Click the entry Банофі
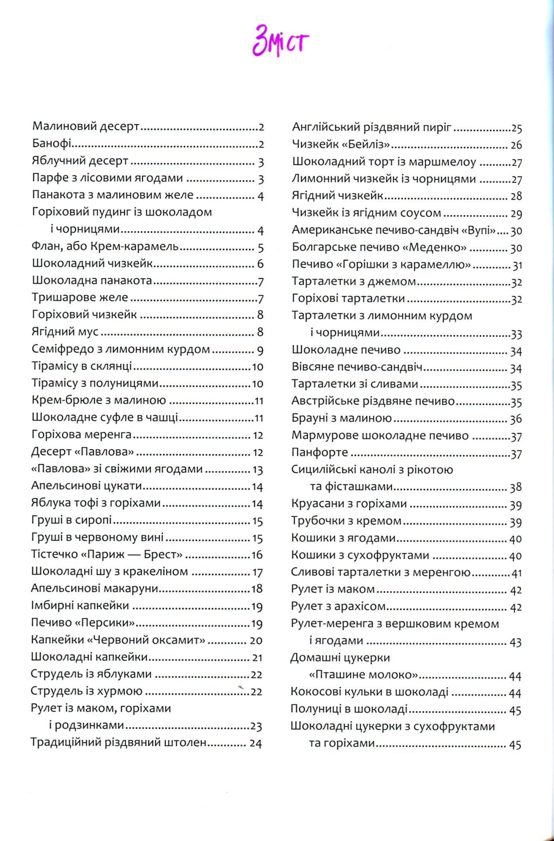pyautogui.click(x=51, y=144)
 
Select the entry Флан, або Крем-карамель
pyautogui.click(x=105, y=247)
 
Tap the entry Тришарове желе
pyautogui.click(x=80, y=297)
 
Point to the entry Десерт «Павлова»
pyautogui.click(x=82, y=452)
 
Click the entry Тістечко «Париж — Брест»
pyautogui.click(x=106, y=554)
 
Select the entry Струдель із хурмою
pyautogui.click(x=87, y=691)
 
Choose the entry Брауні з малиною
pyautogui.click(x=342, y=418)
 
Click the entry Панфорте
pyautogui.click(x=320, y=452)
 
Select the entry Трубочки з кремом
pyautogui.click(x=346, y=521)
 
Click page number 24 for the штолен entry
pyautogui.click(x=256, y=743)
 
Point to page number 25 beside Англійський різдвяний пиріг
pyautogui.click(x=516, y=128)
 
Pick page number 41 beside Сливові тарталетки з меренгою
pyautogui.click(x=516, y=573)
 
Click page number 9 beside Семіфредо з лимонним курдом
pyautogui.click(x=260, y=350)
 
